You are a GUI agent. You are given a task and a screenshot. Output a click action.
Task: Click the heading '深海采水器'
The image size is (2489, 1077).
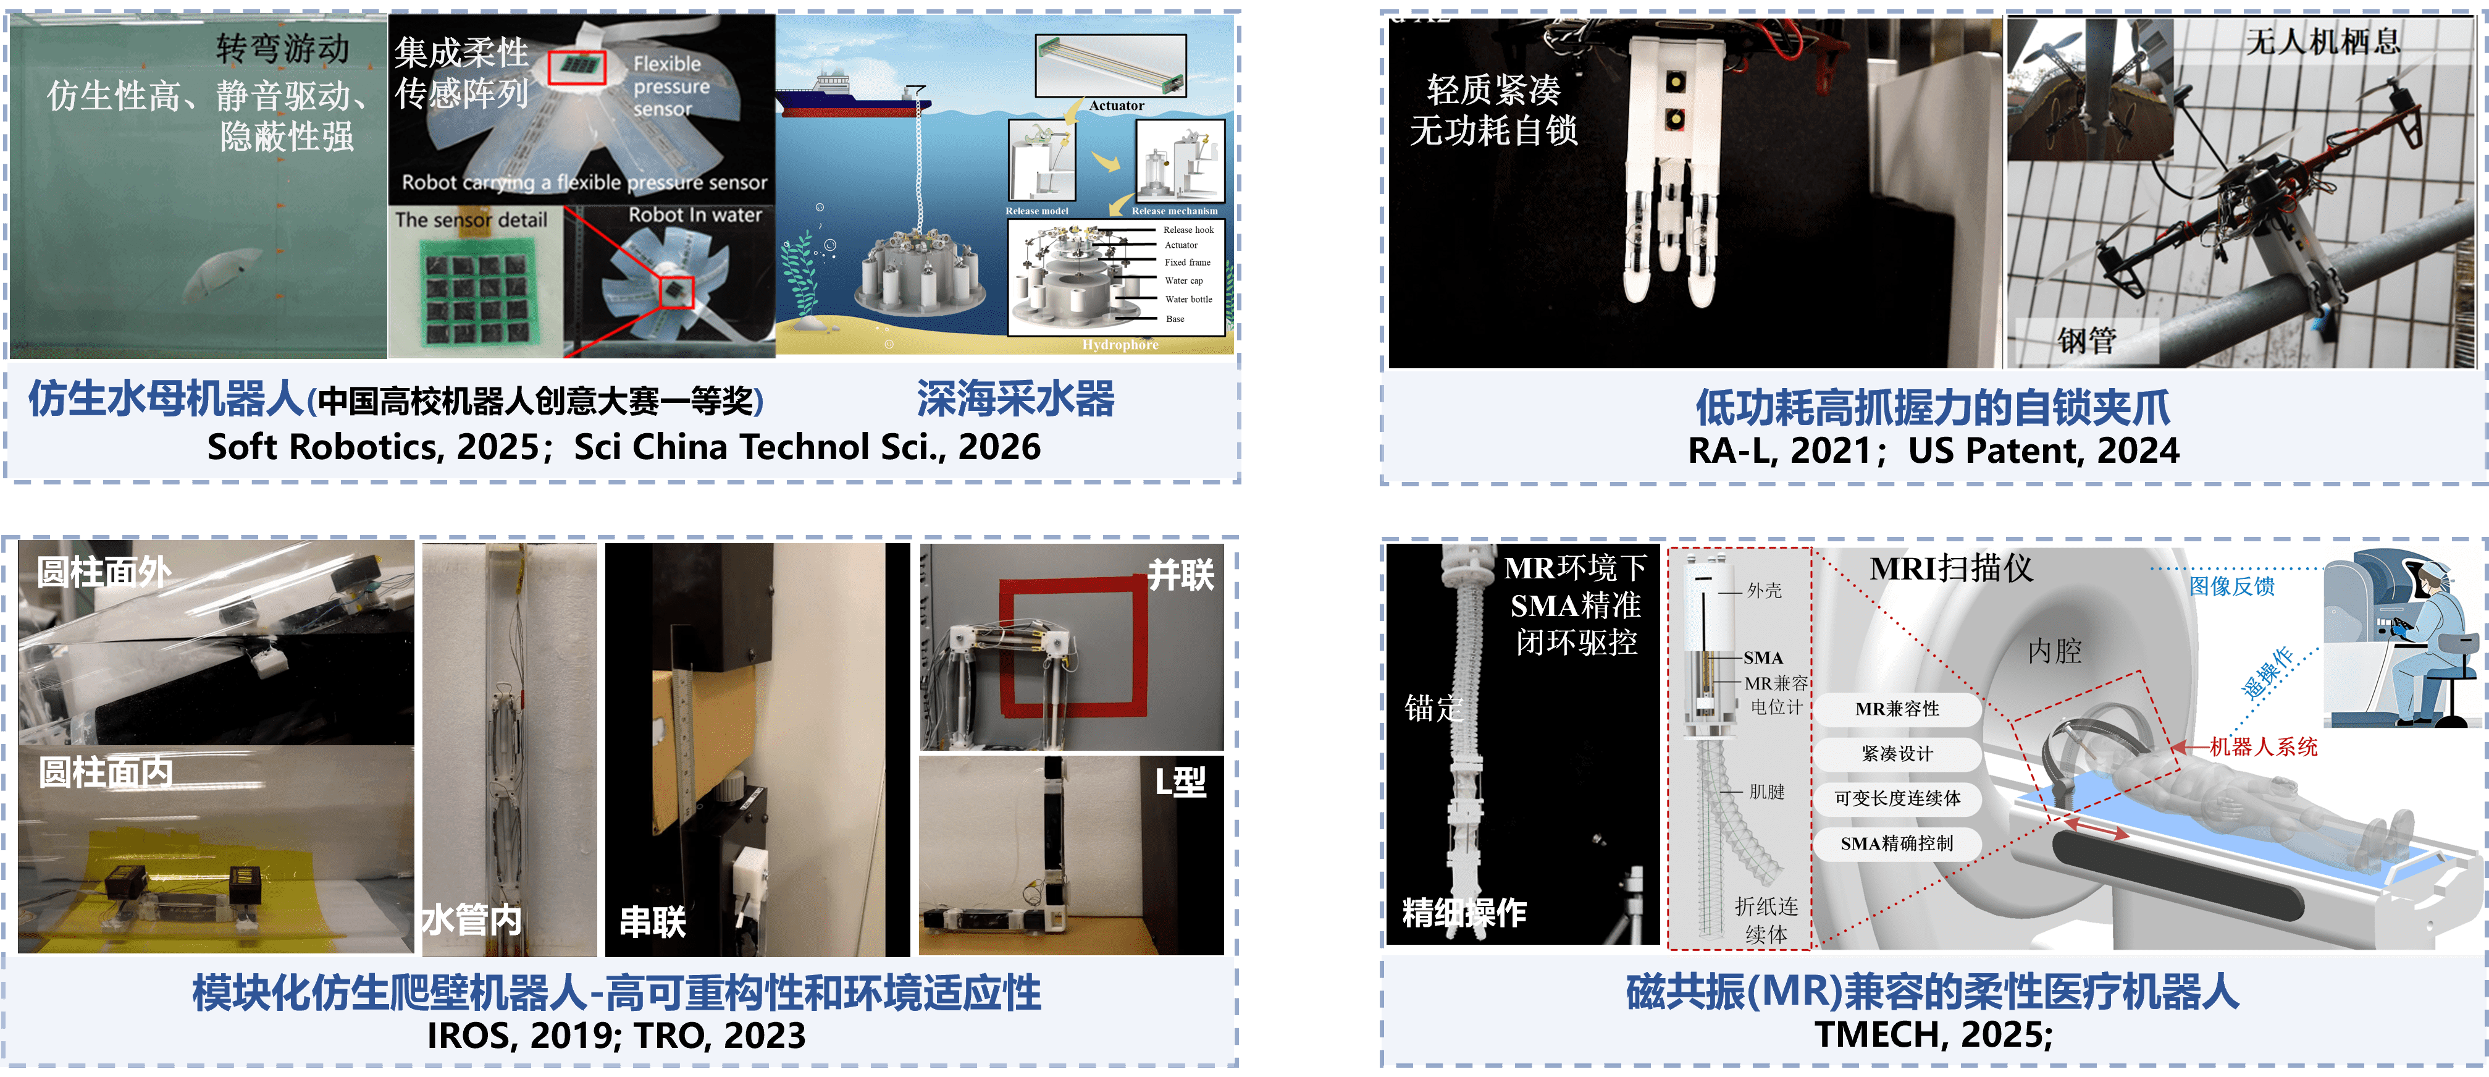(x=1015, y=399)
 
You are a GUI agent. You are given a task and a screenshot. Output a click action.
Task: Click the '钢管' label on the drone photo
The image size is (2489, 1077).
(x=2086, y=340)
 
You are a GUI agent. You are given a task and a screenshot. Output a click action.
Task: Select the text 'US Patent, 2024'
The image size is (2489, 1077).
(x=2044, y=450)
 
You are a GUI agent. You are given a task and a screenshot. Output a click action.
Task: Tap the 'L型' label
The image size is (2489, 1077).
(x=1181, y=781)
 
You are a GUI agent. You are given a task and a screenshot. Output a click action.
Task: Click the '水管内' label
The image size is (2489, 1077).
(x=471, y=919)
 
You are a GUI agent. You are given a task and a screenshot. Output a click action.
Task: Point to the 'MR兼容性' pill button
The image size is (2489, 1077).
(x=1897, y=709)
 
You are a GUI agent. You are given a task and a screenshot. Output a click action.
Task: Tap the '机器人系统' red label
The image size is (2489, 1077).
(x=2263, y=747)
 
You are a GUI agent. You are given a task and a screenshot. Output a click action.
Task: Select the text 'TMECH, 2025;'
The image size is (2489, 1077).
(x=1933, y=1034)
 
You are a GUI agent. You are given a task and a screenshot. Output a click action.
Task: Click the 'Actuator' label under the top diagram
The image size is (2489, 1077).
(x=1116, y=106)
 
